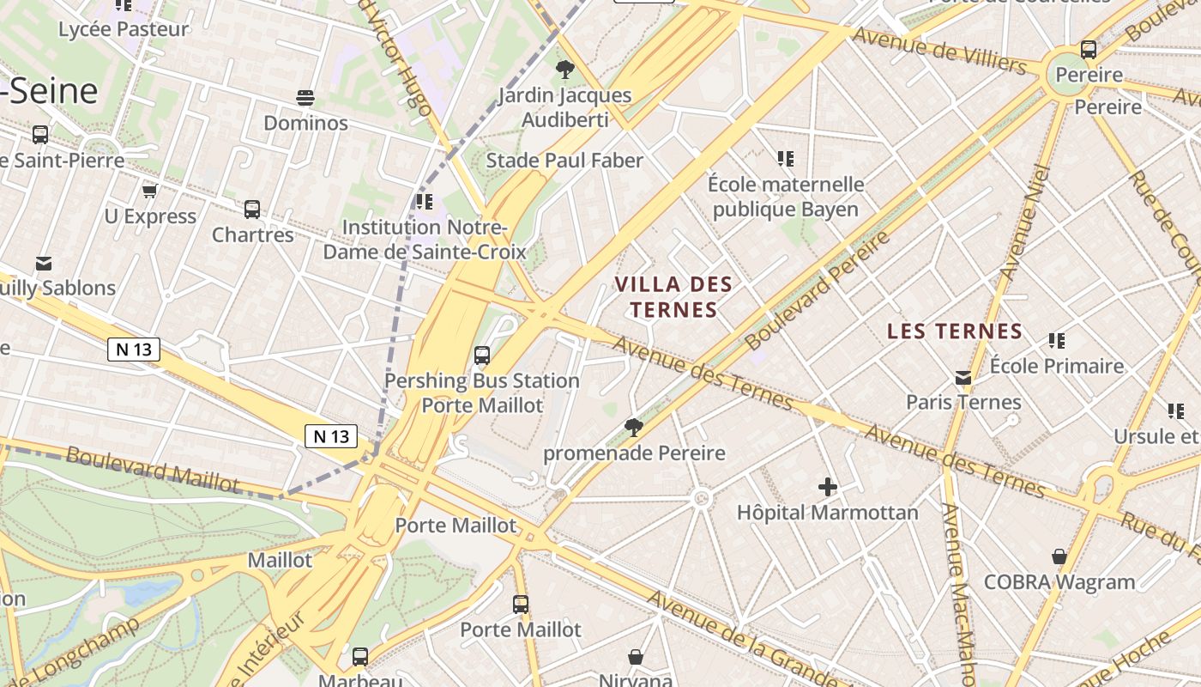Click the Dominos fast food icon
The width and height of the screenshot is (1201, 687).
pyautogui.click(x=305, y=97)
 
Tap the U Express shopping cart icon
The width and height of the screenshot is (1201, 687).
pyautogui.click(x=150, y=191)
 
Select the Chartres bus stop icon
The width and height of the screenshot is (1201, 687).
pyautogui.click(x=252, y=209)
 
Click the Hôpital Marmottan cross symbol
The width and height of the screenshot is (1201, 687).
pyautogui.click(x=827, y=487)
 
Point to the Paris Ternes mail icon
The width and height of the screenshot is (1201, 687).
pyautogui.click(x=963, y=377)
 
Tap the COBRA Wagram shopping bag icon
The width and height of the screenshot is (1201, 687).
pyautogui.click(x=1059, y=556)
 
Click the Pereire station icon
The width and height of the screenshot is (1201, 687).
pyautogui.click(x=1089, y=49)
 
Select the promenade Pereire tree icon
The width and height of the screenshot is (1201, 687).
pyautogui.click(x=634, y=427)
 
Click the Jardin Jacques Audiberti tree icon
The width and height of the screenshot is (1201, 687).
pyautogui.click(x=564, y=70)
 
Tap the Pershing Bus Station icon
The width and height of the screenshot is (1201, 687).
pyautogui.click(x=482, y=355)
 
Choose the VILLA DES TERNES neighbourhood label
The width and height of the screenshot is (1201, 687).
pyautogui.click(x=673, y=296)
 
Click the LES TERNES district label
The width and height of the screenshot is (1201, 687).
pyautogui.click(x=955, y=331)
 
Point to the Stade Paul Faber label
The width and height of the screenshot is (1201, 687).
pyautogui.click(x=564, y=161)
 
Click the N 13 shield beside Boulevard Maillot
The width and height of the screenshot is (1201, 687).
pyautogui.click(x=331, y=436)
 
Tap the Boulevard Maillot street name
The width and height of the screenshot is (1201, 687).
pyautogui.click(x=153, y=468)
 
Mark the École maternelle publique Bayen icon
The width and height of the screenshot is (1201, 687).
pyautogui.click(x=785, y=159)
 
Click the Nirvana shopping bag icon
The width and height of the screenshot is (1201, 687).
pyautogui.click(x=636, y=657)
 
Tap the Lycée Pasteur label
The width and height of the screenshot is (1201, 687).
pyautogui.click(x=124, y=29)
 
